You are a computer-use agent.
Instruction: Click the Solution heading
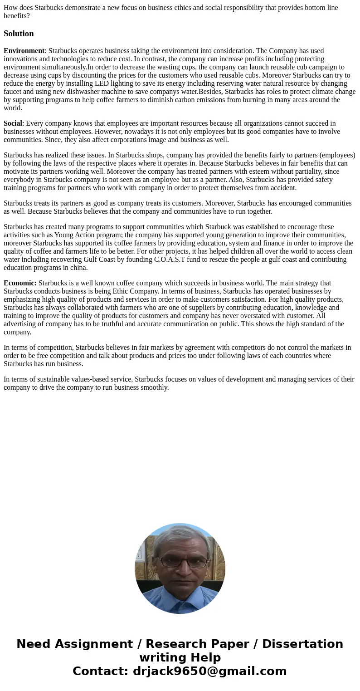[x=19, y=34]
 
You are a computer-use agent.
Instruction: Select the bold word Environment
[x=24, y=51]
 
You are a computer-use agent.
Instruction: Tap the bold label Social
[x=13, y=123]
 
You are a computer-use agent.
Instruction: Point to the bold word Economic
[x=19, y=283]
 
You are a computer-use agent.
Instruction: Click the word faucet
[x=14, y=92]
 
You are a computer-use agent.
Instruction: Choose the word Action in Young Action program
[x=83, y=235]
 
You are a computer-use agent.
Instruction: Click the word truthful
[x=98, y=324]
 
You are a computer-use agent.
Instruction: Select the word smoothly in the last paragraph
[x=155, y=387]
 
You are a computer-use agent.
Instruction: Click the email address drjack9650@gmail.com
[x=209, y=671]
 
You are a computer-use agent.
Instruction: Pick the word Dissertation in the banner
[x=302, y=644]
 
